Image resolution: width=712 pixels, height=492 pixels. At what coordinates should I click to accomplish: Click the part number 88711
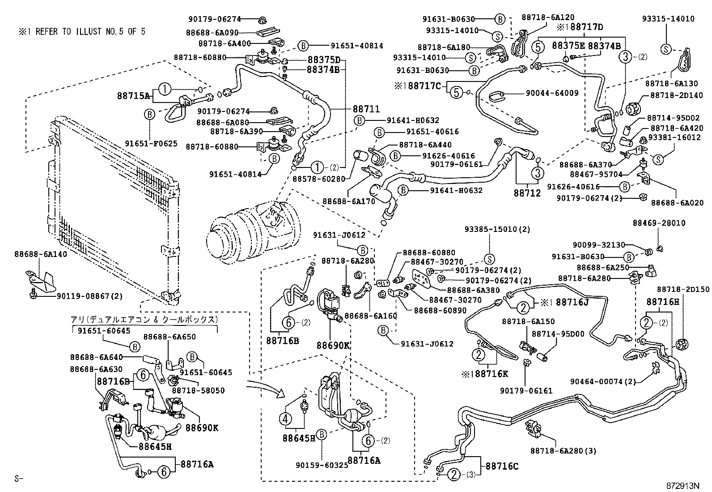tap(366, 109)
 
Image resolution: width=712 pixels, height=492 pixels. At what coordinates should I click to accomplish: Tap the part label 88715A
tap(133, 95)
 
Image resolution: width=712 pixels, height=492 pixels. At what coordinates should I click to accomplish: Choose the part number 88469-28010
tap(659, 223)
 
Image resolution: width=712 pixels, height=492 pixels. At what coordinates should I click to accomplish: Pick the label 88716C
tap(500, 466)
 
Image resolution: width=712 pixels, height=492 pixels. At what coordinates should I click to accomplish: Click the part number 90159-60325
tap(322, 465)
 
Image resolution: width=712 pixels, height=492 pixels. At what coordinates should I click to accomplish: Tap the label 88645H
tap(155, 446)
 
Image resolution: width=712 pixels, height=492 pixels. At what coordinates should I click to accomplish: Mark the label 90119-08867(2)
tap(89, 296)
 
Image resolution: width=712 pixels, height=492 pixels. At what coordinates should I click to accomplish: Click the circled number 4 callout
tap(285, 419)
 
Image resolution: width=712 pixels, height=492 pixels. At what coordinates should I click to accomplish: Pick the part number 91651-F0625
tap(151, 144)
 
